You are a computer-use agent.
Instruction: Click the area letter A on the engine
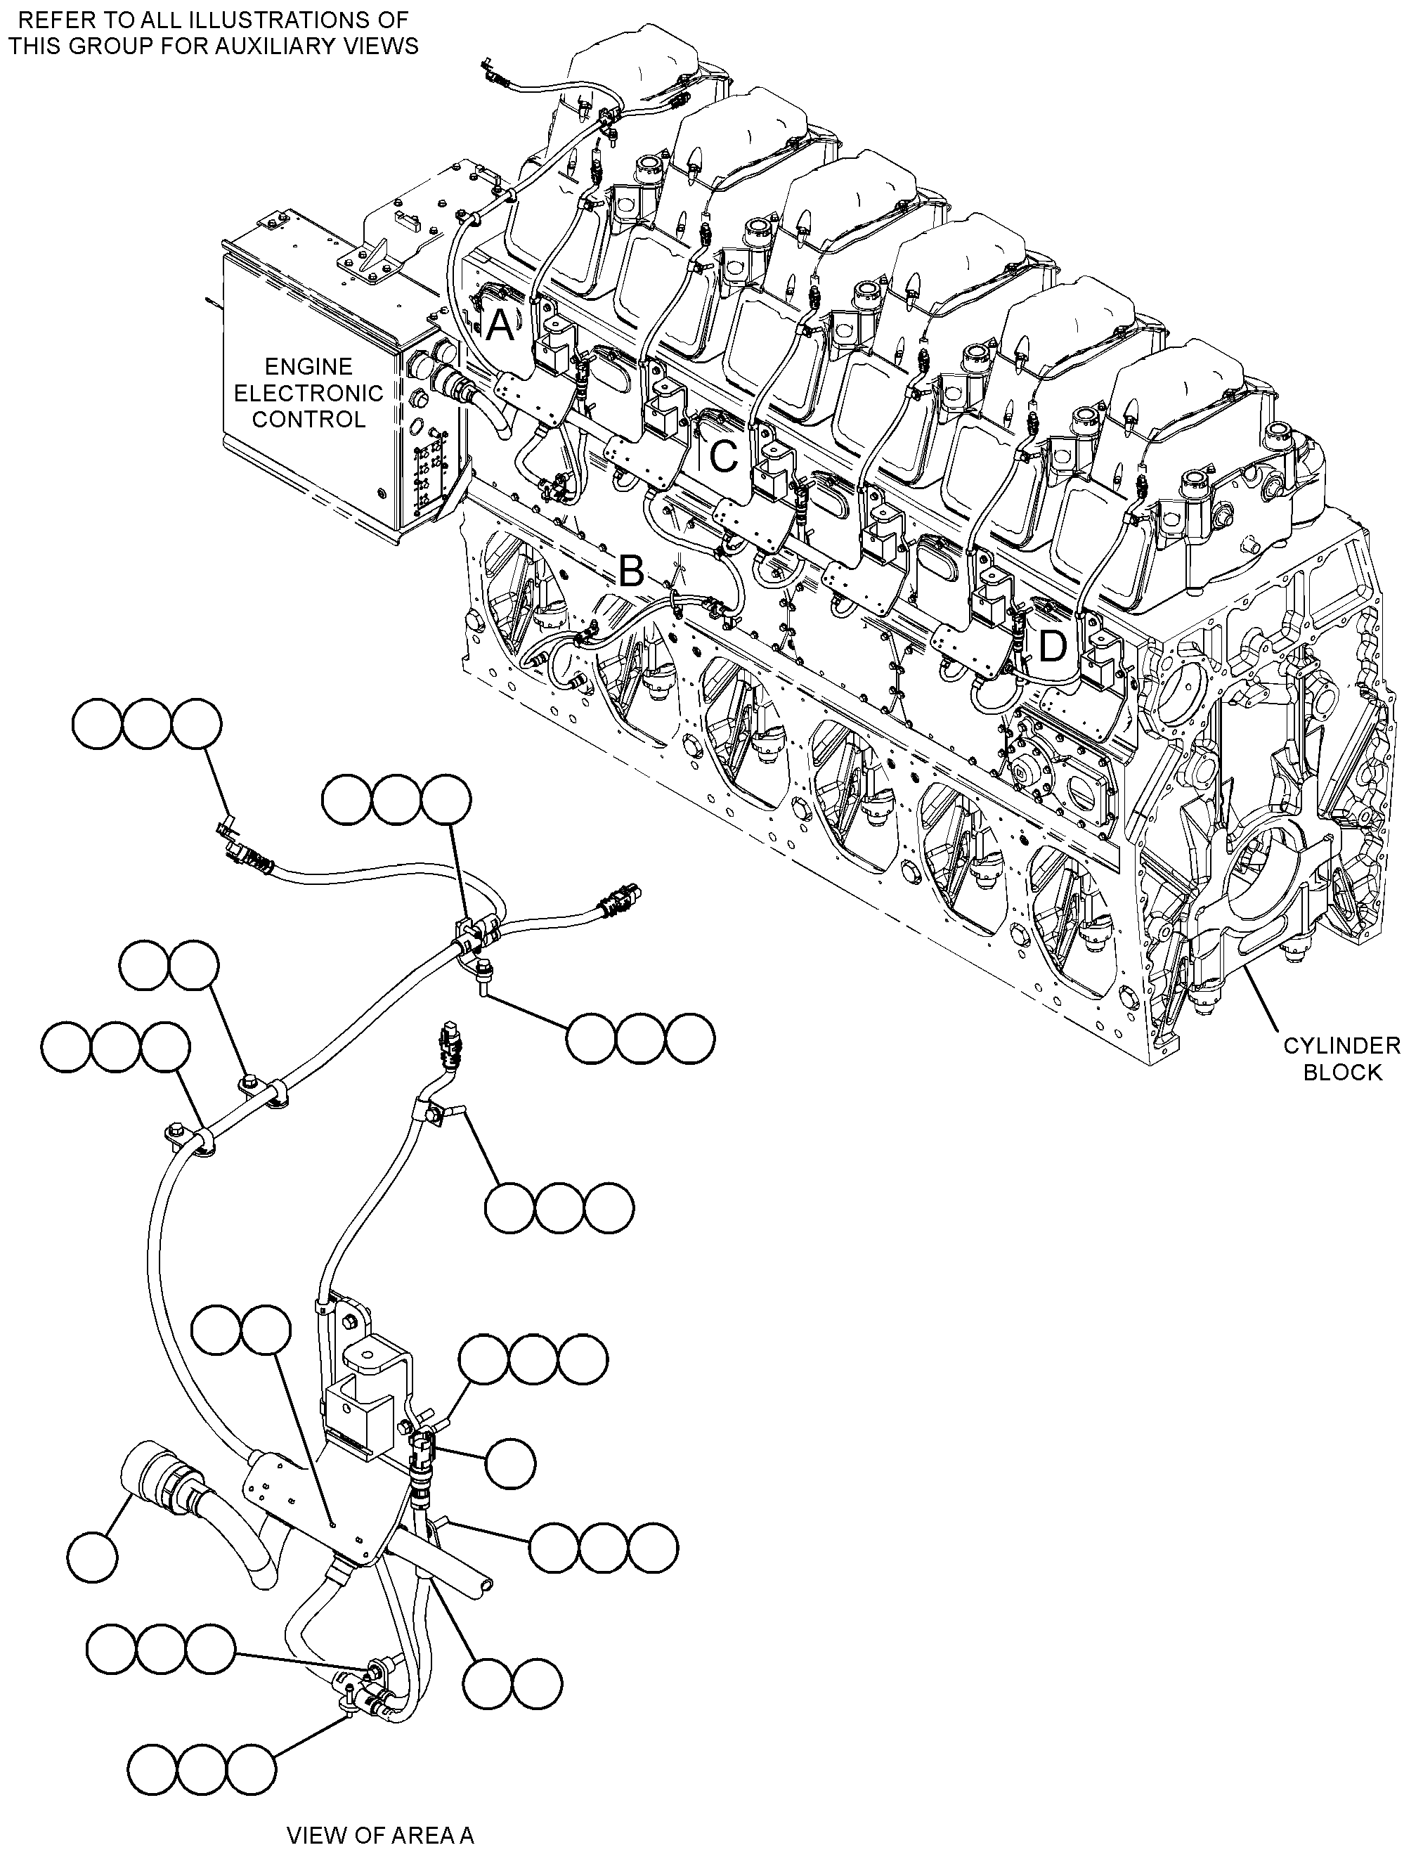[x=500, y=325]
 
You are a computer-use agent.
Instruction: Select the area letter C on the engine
[x=722, y=458]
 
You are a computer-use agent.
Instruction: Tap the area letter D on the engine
[x=1052, y=647]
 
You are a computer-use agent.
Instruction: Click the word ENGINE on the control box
[x=308, y=367]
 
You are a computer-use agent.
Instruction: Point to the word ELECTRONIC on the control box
[x=308, y=393]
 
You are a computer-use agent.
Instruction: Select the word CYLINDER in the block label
[x=1341, y=1045]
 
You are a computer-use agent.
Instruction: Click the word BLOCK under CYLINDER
[x=1341, y=1072]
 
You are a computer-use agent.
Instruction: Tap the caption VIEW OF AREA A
[x=380, y=1805]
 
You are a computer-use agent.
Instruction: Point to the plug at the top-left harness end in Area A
[x=244, y=850]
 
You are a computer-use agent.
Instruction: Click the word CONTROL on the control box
[x=308, y=420]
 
